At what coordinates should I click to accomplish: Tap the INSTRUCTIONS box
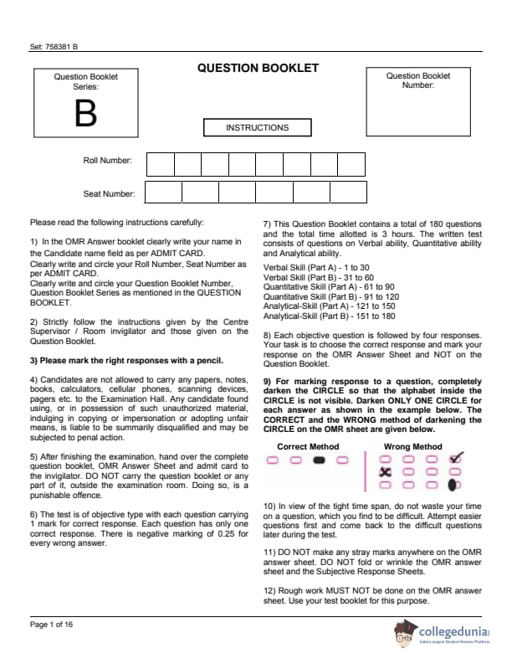(x=257, y=128)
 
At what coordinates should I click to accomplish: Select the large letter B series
(x=85, y=114)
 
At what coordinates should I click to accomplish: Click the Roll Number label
(x=107, y=159)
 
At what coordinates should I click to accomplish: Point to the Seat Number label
(x=109, y=194)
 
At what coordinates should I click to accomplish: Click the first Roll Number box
(x=160, y=164)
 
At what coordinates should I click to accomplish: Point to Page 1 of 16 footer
(x=52, y=624)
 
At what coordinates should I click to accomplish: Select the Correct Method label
(x=308, y=446)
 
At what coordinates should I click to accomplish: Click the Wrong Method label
(x=412, y=446)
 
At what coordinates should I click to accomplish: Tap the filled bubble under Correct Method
(x=319, y=460)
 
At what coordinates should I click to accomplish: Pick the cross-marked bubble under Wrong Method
(x=386, y=471)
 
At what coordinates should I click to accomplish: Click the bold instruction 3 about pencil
(x=126, y=361)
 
